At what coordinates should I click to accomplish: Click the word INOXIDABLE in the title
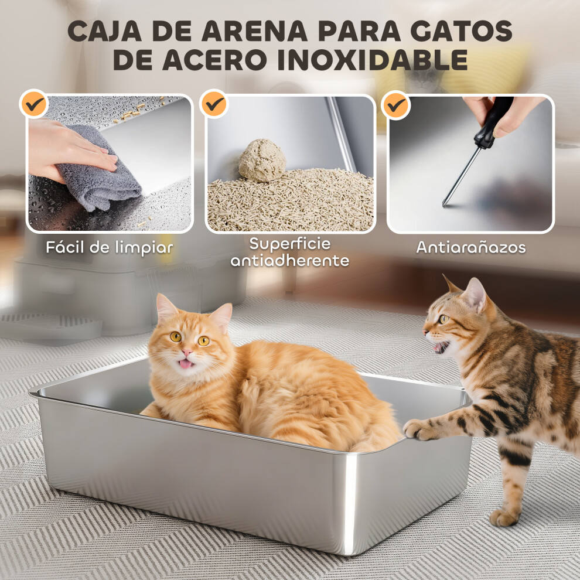[x=373, y=60]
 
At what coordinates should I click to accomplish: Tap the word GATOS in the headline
[x=461, y=30]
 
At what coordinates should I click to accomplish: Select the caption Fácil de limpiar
[x=110, y=247]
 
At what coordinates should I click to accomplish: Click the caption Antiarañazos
[x=471, y=247]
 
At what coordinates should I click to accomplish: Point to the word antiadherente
[x=290, y=260]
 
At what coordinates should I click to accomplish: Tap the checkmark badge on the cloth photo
[x=35, y=104]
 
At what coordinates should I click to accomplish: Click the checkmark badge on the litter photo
[x=214, y=104]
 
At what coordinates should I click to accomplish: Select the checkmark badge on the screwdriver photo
[x=395, y=105]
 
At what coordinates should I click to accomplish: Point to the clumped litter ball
[x=262, y=161]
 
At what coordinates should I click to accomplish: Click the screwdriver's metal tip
[x=445, y=203]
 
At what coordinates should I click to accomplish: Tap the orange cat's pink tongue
[x=186, y=364]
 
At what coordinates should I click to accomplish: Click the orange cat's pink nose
[x=187, y=352]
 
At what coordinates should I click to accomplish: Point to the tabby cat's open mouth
[x=442, y=347]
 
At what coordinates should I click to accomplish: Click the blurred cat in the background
[x=425, y=79]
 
